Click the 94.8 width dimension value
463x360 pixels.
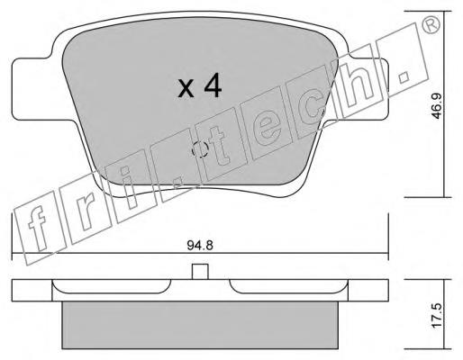200,246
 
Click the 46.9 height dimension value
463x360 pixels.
437,106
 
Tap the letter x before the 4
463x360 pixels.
186,89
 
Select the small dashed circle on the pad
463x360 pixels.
200,149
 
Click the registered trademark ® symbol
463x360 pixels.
431,24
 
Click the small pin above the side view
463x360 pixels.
200,272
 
